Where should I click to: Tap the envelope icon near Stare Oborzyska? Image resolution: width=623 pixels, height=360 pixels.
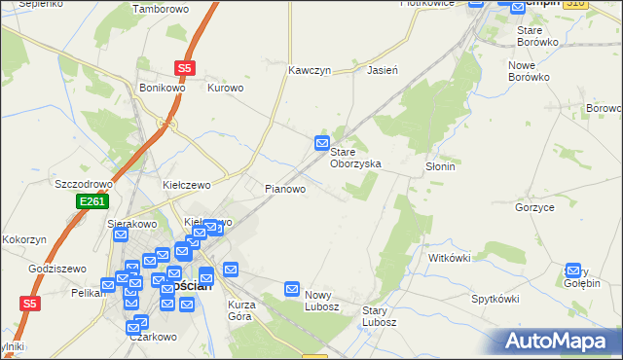(322, 144)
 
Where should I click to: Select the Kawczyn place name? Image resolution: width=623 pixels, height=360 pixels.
(311, 71)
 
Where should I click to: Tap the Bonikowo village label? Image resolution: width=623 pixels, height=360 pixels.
(161, 87)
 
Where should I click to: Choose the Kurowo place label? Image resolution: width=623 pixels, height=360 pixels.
(226, 87)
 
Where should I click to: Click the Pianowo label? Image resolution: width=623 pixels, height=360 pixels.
(286, 189)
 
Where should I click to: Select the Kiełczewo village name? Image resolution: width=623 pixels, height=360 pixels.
(187, 184)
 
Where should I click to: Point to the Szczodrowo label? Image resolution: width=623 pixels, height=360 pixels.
(85, 184)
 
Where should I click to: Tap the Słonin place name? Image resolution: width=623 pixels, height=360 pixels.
(440, 166)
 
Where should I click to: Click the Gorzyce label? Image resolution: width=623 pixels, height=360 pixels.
(534, 208)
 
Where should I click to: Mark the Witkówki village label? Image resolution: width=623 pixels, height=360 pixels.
(450, 258)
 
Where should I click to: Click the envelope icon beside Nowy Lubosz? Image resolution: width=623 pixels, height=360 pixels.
(292, 289)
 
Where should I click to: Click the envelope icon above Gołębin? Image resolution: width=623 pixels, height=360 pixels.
(573, 270)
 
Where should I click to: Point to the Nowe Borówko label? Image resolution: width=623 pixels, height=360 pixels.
(530, 70)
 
